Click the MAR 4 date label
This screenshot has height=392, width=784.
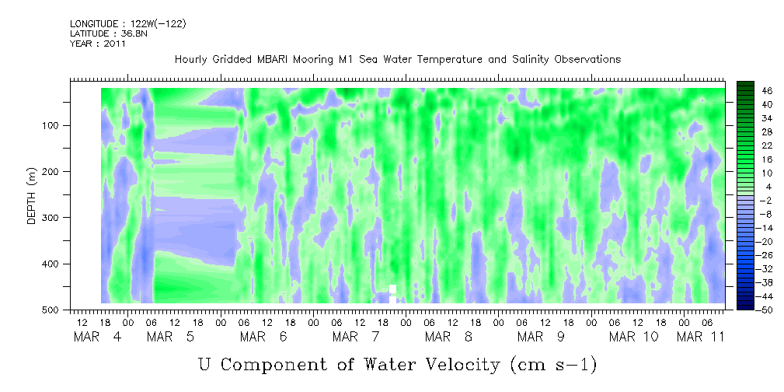click(98, 337)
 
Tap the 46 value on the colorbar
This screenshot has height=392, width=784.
click(768, 91)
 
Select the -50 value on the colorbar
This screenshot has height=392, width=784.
click(765, 309)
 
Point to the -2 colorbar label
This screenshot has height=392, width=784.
click(766, 200)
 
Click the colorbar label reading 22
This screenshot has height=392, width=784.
click(768, 149)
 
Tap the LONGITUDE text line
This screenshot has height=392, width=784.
click(128, 23)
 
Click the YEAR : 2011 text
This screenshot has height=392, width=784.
click(98, 44)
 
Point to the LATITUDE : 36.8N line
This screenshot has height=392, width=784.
click(109, 33)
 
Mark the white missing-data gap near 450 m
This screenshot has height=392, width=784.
click(393, 293)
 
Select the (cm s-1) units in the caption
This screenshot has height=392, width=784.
click(553, 365)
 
